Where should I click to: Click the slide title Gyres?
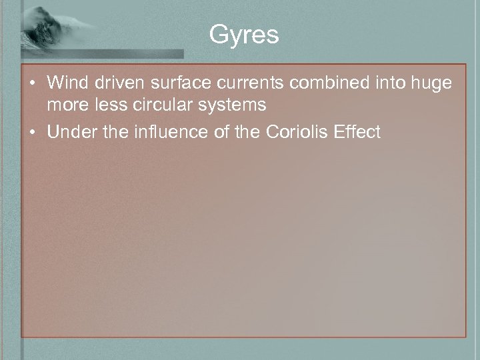[x=243, y=35]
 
